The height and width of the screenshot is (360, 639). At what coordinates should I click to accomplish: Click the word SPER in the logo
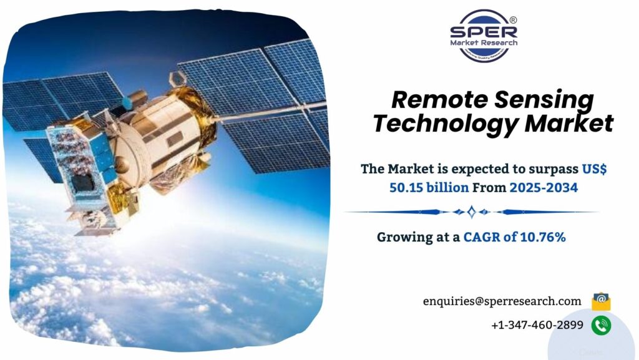click(x=483, y=32)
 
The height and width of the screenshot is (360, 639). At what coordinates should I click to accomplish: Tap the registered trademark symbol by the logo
click(x=513, y=20)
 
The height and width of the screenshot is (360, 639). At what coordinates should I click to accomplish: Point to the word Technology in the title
click(x=446, y=124)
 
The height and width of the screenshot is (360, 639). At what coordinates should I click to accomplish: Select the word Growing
click(x=404, y=236)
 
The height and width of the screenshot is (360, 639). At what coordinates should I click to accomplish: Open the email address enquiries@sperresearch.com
click(x=502, y=301)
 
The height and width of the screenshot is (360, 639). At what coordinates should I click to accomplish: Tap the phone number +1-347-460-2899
click(x=537, y=324)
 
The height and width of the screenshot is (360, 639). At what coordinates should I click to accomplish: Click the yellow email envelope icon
click(x=601, y=301)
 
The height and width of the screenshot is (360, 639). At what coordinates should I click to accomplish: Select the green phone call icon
click(x=601, y=324)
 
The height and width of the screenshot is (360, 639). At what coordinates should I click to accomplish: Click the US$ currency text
click(x=595, y=168)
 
